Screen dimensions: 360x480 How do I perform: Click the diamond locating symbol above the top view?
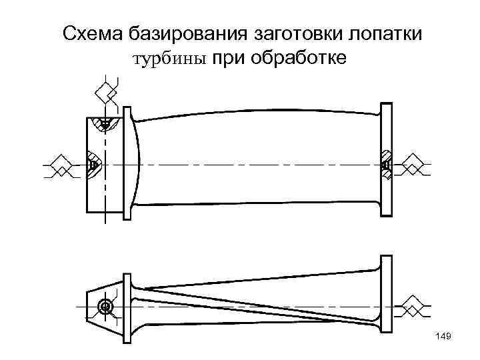pos(105,93)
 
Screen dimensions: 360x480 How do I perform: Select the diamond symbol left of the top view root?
pos(62,164)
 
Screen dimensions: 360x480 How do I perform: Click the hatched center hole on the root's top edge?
pos(105,123)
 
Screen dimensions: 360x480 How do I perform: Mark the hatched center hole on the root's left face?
pos(92,164)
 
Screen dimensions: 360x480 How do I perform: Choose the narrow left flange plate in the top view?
pos(128,164)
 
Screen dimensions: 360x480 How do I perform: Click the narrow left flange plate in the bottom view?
pos(126,306)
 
